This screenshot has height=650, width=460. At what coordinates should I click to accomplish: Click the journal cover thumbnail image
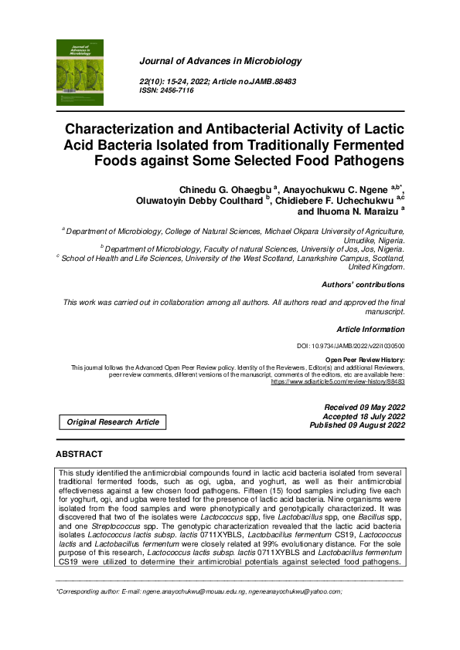tap(80, 73)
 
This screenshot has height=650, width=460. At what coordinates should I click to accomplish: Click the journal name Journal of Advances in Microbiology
tap(220, 61)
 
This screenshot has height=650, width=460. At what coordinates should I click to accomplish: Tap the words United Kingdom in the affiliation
tap(377, 267)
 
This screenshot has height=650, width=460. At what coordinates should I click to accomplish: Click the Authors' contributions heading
tap(363, 285)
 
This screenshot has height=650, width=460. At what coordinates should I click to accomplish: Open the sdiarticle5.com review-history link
tap(337, 381)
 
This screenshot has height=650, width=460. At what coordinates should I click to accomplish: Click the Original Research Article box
tap(113, 421)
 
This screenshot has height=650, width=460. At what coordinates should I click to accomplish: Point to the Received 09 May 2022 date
tap(363, 407)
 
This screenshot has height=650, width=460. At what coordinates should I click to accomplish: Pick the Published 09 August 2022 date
tap(356, 425)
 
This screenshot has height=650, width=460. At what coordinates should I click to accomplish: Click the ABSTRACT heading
tap(79, 455)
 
